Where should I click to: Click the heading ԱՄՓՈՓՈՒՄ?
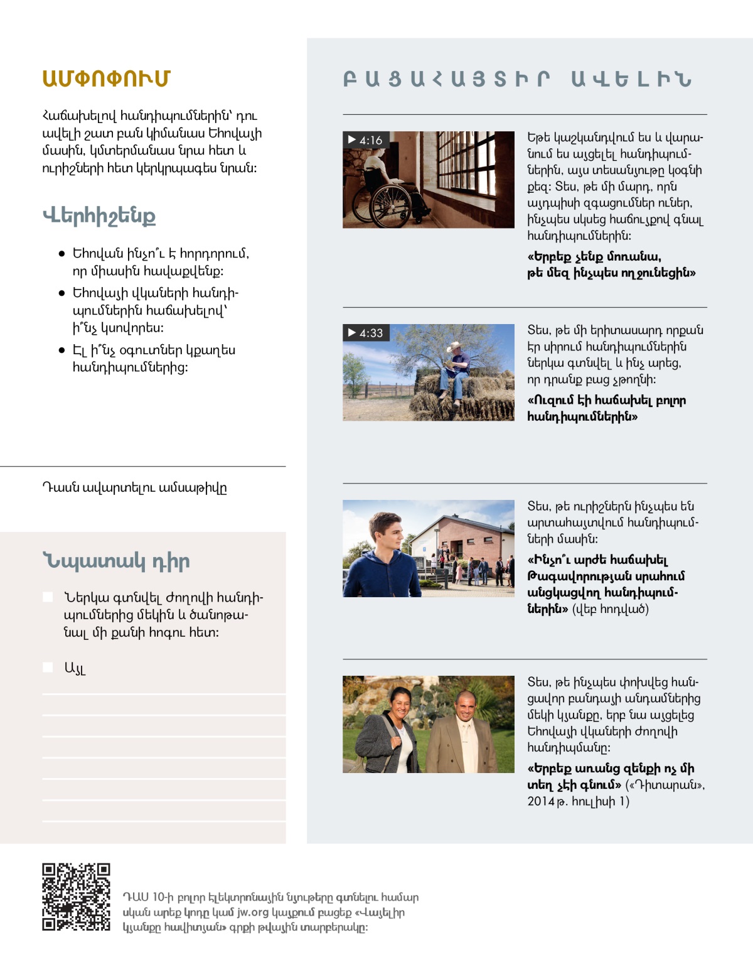106,78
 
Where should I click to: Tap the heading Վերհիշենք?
99,216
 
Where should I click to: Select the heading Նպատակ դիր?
116,561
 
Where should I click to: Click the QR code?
76,897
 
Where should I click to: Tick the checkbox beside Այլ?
48,667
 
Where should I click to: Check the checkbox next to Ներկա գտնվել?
48,597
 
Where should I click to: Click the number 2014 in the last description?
541,801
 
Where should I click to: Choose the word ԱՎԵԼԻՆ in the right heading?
631,79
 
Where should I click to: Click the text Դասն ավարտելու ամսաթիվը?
134,488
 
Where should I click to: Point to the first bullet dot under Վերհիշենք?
61,254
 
